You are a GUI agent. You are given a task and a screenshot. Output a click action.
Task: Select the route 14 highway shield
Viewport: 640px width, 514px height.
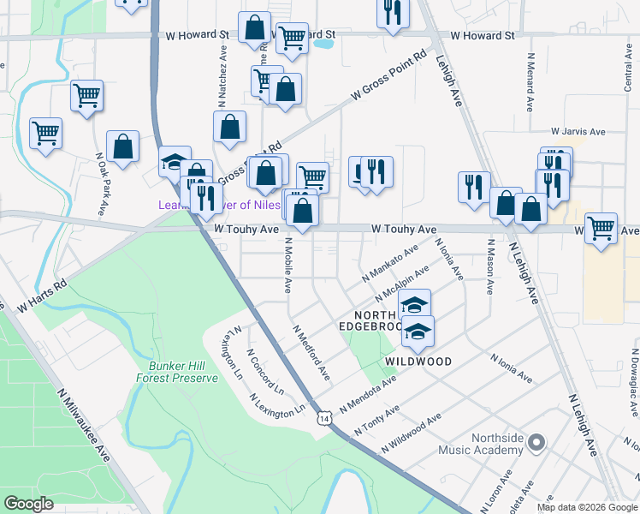click(323, 418)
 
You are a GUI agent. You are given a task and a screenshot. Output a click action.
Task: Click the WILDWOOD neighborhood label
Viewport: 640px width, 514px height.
click(418, 362)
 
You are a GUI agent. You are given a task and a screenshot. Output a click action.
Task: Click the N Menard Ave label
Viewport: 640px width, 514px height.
click(530, 81)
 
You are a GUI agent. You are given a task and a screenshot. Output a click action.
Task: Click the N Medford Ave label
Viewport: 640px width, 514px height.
click(311, 352)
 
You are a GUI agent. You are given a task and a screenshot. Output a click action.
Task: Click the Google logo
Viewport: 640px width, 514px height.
click(29, 504)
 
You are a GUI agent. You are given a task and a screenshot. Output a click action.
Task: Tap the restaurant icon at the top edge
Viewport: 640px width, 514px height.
click(393, 12)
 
